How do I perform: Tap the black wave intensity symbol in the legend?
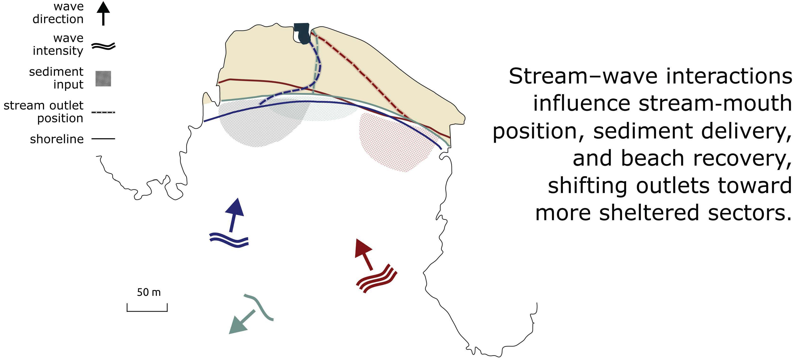point(103,46)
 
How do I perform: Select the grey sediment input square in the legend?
point(103,78)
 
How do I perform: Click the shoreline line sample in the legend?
point(103,138)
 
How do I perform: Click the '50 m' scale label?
point(149,292)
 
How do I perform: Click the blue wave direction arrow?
point(234,214)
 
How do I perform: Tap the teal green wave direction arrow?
point(241,323)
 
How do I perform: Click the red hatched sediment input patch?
point(394,144)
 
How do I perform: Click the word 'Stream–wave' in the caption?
point(583,76)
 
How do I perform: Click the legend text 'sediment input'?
point(56,78)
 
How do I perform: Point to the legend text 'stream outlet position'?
point(44,112)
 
